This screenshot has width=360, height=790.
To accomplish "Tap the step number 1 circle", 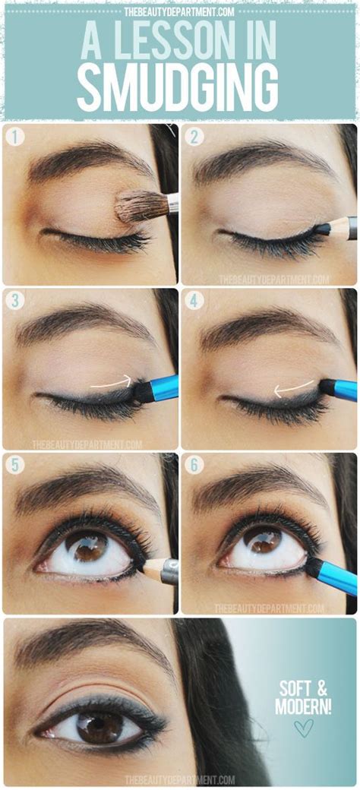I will [15, 137].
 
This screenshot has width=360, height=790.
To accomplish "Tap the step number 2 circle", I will [194, 137].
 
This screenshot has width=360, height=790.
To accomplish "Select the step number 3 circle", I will [15, 301].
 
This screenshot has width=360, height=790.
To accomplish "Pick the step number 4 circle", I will [194, 301].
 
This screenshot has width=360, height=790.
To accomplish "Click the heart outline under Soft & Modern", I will [302, 728].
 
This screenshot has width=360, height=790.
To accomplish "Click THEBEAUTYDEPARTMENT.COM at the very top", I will [180, 11].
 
